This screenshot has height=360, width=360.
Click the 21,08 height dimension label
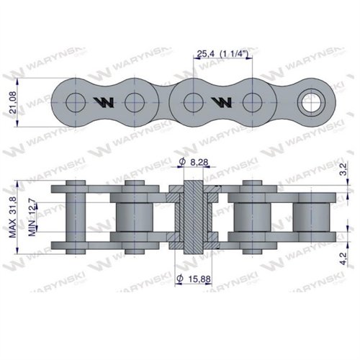tap(12, 102)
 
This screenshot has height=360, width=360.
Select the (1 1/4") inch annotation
tap(234, 54)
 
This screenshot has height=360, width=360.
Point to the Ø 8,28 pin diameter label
tap(194, 162)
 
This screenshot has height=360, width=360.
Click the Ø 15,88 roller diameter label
tap(194, 279)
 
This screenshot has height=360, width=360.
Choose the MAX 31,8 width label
tap(12, 217)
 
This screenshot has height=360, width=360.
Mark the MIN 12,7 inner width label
tap(32, 217)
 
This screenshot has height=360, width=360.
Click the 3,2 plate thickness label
tap(343, 169)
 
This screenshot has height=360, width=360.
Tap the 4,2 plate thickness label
tap(343, 258)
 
